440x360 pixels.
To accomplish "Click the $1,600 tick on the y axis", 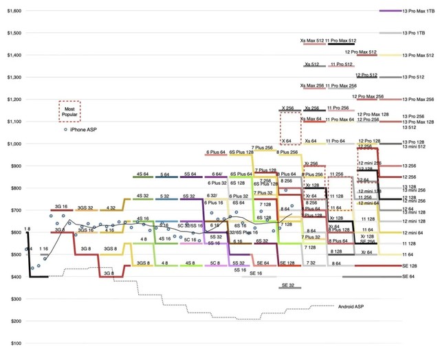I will pyautogui.click(x=13, y=11).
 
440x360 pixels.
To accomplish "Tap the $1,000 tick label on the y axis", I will pyautogui.click(x=13, y=144).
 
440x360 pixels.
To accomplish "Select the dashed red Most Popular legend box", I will pyautogui.click(x=69, y=111).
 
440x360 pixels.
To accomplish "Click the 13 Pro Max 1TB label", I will pyautogui.click(x=418, y=11).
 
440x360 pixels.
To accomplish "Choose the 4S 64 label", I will pyautogui.click(x=143, y=175).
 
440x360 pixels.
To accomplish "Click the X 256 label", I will pyautogui.click(x=287, y=108).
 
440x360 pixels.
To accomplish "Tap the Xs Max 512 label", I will pyautogui.click(x=312, y=41).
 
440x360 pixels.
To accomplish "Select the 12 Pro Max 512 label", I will pyautogui.click(x=364, y=52).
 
